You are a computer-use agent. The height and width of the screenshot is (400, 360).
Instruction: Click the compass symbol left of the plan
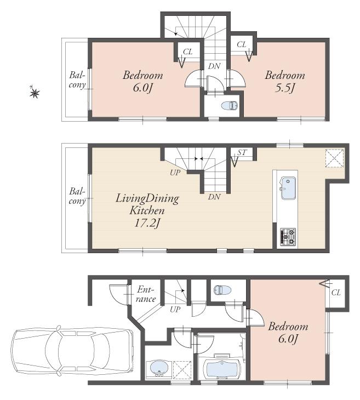click(35, 93)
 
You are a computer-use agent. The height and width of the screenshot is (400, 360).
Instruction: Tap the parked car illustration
click(72, 352)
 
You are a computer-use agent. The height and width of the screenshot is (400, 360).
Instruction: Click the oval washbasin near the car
click(159, 368)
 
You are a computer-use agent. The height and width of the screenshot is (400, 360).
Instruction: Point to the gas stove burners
click(288, 236)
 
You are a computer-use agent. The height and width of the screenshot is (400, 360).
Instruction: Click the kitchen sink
click(287, 189)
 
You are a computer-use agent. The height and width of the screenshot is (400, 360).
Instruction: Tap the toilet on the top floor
click(228, 106)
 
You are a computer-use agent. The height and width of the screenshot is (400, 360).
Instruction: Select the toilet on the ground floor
click(222, 290)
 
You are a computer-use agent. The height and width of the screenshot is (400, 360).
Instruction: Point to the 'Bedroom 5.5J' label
click(285, 82)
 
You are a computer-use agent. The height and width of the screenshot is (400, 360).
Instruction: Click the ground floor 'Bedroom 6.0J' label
click(288, 333)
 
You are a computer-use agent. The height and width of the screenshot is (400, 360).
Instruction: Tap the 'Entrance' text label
click(146, 294)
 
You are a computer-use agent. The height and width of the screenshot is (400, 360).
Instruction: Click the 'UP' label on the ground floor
click(175, 309)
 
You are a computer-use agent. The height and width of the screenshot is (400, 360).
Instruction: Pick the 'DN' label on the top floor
click(214, 66)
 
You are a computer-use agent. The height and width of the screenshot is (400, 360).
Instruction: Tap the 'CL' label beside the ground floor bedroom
click(336, 292)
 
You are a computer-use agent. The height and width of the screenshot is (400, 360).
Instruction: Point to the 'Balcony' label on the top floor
click(77, 80)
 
